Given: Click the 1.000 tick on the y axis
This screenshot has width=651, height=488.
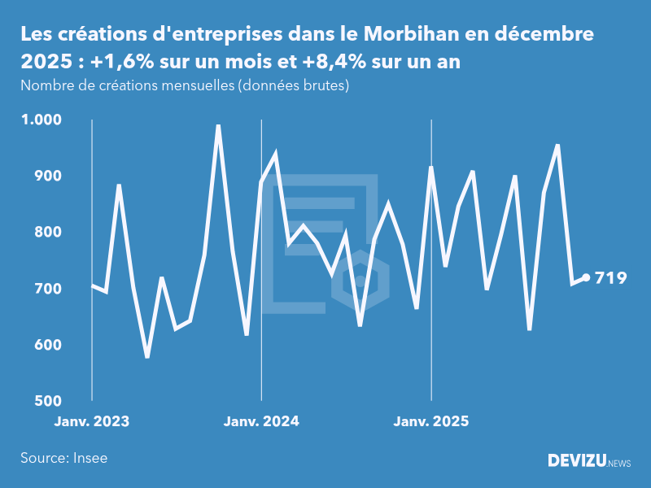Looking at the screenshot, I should click(x=40, y=120).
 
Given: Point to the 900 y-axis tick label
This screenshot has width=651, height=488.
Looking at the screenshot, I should click(x=47, y=176).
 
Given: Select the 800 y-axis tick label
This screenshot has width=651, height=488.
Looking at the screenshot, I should click(x=47, y=233).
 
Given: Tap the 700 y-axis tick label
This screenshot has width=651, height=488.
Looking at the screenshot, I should click(x=47, y=289).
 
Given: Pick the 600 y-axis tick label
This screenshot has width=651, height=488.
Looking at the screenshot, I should click(x=47, y=345).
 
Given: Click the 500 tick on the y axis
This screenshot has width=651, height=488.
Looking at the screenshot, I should click(x=47, y=401).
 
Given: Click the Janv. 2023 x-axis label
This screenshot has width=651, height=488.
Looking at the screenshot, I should click(x=92, y=421).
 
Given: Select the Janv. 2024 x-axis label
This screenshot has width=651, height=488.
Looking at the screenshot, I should click(x=261, y=421).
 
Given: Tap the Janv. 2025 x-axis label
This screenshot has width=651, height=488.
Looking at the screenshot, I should click(x=431, y=421).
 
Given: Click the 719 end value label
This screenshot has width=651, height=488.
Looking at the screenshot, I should click(x=611, y=278).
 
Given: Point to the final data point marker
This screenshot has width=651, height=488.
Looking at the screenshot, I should click(x=586, y=277).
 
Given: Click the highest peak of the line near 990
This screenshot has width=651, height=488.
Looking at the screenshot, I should click(x=218, y=126).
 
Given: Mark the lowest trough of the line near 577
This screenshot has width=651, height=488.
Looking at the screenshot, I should click(x=147, y=356).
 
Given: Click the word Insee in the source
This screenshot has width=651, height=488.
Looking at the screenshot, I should click(x=90, y=458).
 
